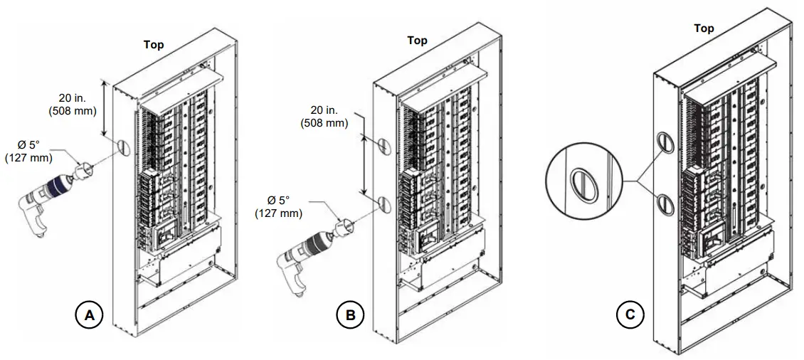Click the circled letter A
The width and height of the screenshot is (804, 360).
point(89,315)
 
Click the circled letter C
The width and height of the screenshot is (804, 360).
point(630,315)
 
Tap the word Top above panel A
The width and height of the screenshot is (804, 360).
point(154,45)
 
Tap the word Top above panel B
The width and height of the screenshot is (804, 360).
point(417,41)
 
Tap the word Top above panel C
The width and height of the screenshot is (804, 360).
point(704,28)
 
